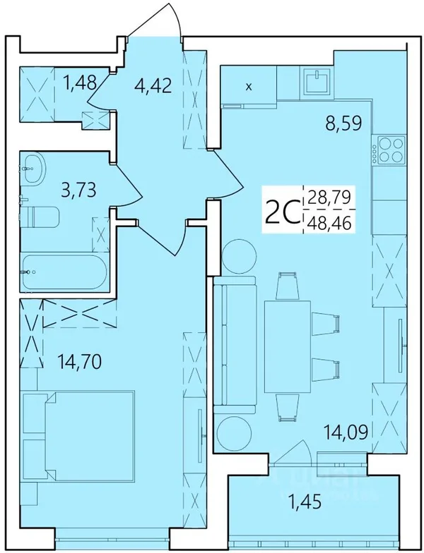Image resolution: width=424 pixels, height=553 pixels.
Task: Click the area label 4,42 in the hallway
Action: click(153, 85)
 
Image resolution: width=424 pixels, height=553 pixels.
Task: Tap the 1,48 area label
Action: click(79, 83)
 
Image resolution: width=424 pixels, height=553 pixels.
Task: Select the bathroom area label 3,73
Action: click(78, 190)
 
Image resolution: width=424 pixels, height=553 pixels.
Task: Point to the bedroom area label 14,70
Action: click(79, 361)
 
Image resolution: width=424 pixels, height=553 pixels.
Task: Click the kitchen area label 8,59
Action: click(343, 124)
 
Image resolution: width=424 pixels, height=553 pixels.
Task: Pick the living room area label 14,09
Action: click(346, 432)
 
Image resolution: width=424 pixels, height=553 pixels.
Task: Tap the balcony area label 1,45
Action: click(305, 502)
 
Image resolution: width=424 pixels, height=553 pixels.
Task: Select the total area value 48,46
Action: click(330, 223)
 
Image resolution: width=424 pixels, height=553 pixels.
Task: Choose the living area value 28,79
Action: click(329, 197)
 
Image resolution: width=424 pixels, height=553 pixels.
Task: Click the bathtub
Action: click(64, 272)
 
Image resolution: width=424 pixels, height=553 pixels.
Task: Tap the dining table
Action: click(288, 347)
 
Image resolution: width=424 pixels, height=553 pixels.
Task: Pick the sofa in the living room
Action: click(235, 344)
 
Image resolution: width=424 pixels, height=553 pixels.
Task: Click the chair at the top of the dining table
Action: click(288, 286)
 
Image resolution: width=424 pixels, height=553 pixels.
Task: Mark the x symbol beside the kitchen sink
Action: click(249, 87)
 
